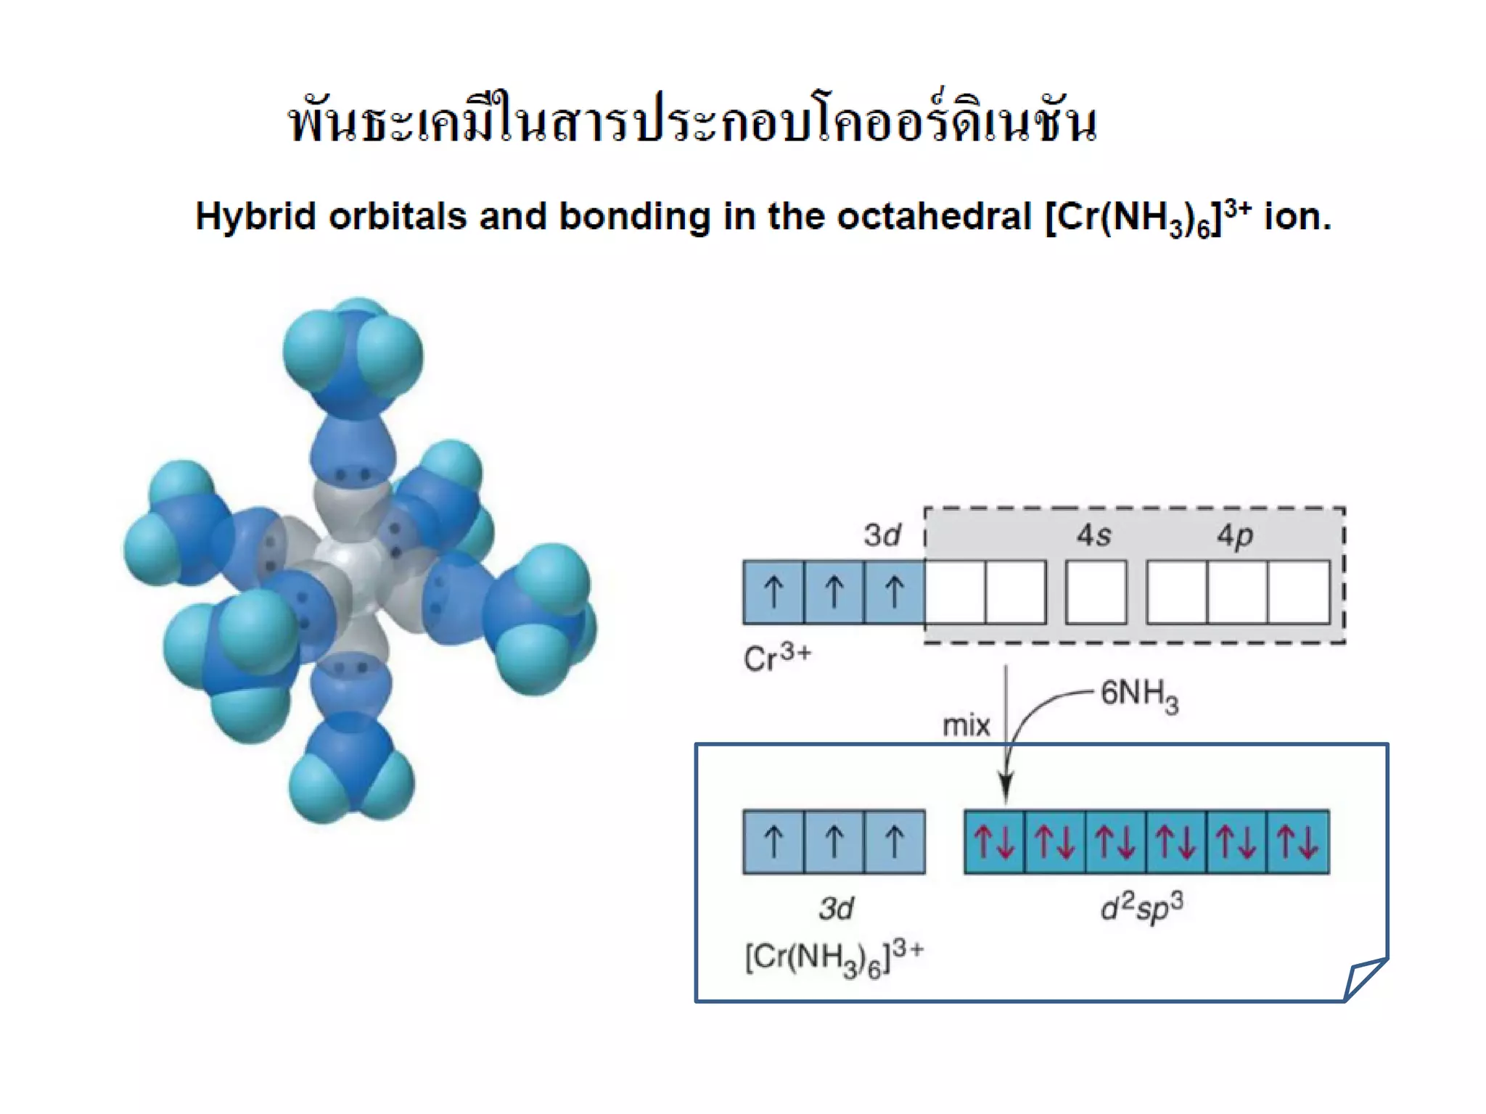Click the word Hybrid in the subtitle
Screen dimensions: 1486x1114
pos(255,217)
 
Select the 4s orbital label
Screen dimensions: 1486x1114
pos(1093,535)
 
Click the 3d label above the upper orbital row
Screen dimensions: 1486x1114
pos(882,535)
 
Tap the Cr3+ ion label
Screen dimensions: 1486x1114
pos(776,658)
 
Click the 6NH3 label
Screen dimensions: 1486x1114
pos(1139,695)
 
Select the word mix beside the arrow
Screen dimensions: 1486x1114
pos(966,725)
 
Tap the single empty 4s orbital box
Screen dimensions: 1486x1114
pos(1096,592)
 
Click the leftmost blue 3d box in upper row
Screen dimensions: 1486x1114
pos(773,592)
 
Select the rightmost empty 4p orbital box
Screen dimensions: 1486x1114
pos(1299,592)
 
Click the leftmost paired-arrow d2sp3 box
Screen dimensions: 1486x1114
pos(995,842)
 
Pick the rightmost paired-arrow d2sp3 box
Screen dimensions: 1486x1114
pos(1298,842)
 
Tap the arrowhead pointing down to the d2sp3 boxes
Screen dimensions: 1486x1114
pos(1006,786)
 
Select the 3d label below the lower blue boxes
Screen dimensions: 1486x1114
pos(836,908)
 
